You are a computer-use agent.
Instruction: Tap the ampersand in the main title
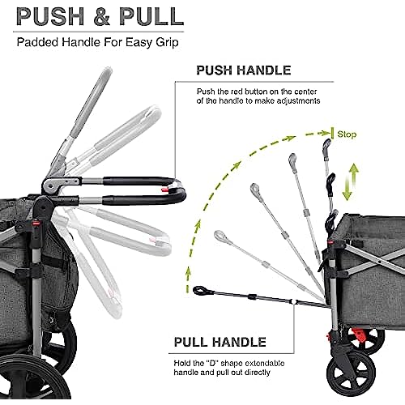click(102, 17)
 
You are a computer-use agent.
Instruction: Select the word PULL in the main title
click(151, 16)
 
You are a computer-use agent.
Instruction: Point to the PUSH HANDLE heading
click(244, 70)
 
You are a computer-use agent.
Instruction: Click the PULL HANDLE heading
click(220, 342)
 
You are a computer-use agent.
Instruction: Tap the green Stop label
click(347, 134)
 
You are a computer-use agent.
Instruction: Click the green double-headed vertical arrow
click(351, 181)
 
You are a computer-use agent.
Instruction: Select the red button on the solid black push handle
click(164, 190)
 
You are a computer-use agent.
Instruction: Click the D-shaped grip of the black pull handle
click(200, 290)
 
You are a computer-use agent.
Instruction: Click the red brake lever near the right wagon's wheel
click(359, 335)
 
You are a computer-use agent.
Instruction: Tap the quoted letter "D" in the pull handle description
click(214, 363)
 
